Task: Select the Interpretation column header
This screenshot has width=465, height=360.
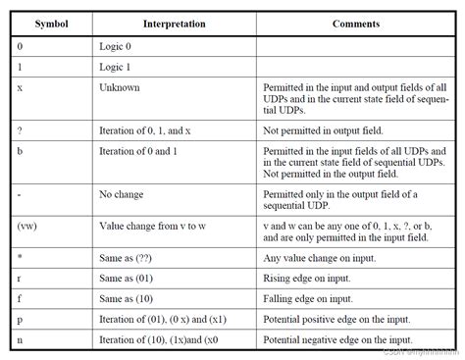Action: point(174,23)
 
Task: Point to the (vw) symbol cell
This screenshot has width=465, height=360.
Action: point(28,225)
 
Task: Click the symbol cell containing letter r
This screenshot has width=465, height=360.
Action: point(21,277)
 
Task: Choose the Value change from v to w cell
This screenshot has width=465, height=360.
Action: point(153,225)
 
